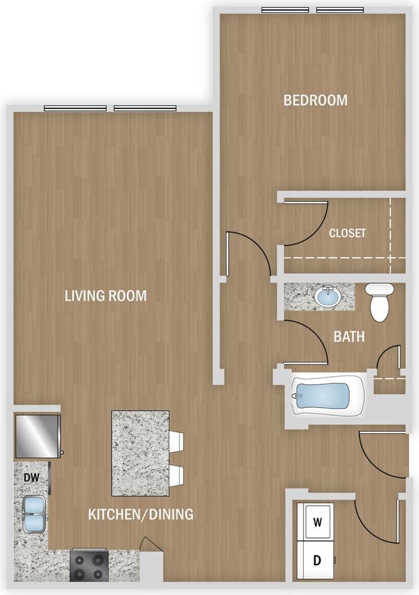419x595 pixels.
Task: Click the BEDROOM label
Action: pos(315,100)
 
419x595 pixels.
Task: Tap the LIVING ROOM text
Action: pos(105,296)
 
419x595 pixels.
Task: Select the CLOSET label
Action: pos(347,233)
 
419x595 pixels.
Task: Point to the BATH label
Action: pos(349,337)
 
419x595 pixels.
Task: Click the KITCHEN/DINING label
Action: pos(141,514)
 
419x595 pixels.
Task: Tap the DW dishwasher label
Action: pos(32,477)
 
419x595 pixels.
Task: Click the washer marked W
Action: pos(315,522)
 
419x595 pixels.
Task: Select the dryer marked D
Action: pos(315,560)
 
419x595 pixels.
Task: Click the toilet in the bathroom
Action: pos(379,302)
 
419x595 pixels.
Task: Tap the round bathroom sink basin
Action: pos(327,296)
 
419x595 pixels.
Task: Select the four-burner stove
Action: pos(89,565)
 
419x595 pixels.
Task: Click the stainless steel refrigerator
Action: pos(38,436)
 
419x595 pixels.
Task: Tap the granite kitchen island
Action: pos(141,453)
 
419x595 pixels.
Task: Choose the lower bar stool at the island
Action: pos(177,476)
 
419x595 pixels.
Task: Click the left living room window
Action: pos(75,108)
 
